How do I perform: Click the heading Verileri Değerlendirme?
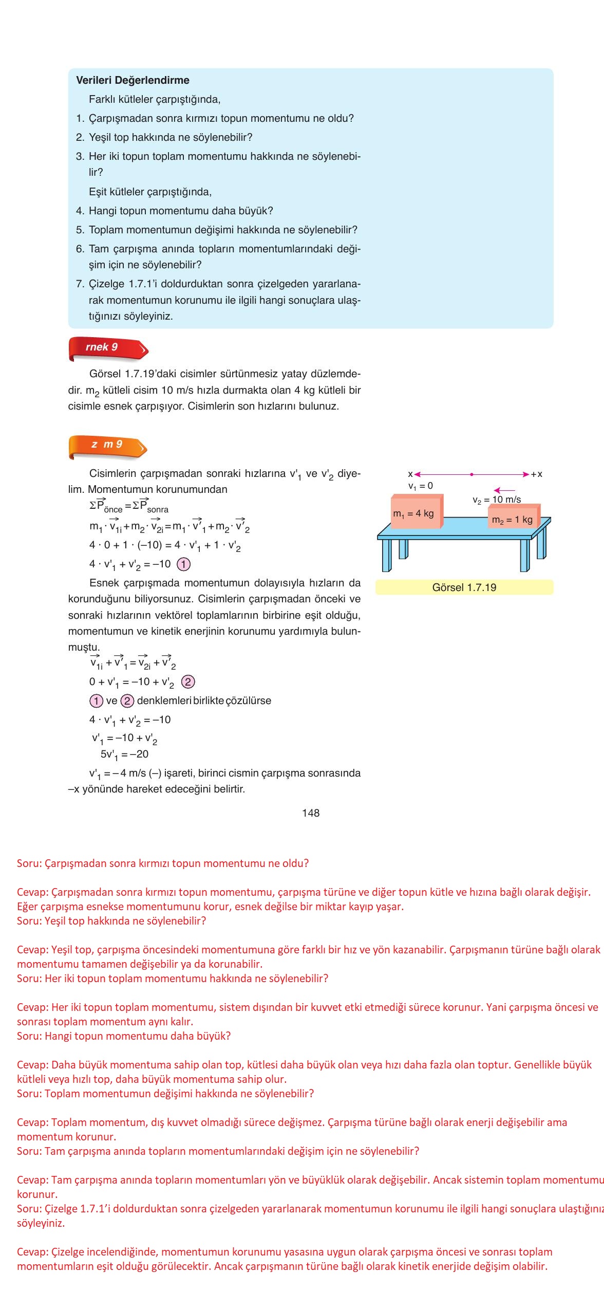pyautogui.click(x=133, y=80)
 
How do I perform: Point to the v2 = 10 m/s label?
pyautogui.click(x=497, y=500)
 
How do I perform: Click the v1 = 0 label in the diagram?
pyautogui.click(x=421, y=486)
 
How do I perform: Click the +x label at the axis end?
pyautogui.click(x=536, y=474)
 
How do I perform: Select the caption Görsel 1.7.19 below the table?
pyautogui.click(x=464, y=587)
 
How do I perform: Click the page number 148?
pyautogui.click(x=311, y=813)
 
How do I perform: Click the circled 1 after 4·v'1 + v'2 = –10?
pyautogui.click(x=183, y=564)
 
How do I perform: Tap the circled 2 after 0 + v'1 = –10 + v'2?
pyautogui.click(x=188, y=682)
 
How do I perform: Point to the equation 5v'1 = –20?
pyautogui.click(x=124, y=754)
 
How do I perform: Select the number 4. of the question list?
pyautogui.click(x=80, y=211)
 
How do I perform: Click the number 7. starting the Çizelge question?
pyautogui.click(x=80, y=284)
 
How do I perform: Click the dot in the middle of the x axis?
pyautogui.click(x=471, y=474)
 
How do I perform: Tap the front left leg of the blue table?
pyautogui.click(x=387, y=556)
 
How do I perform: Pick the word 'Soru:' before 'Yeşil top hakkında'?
pyautogui.click(x=29, y=920)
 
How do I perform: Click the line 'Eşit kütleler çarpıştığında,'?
pyautogui.click(x=150, y=192)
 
